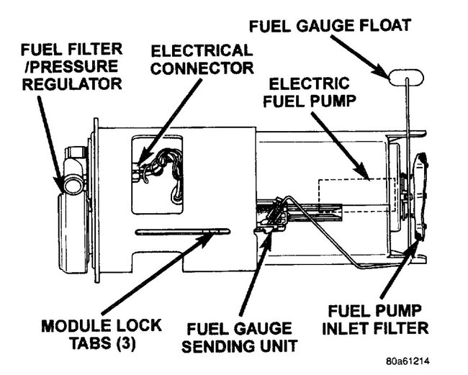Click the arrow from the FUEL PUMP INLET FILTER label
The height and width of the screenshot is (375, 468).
(403, 274)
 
